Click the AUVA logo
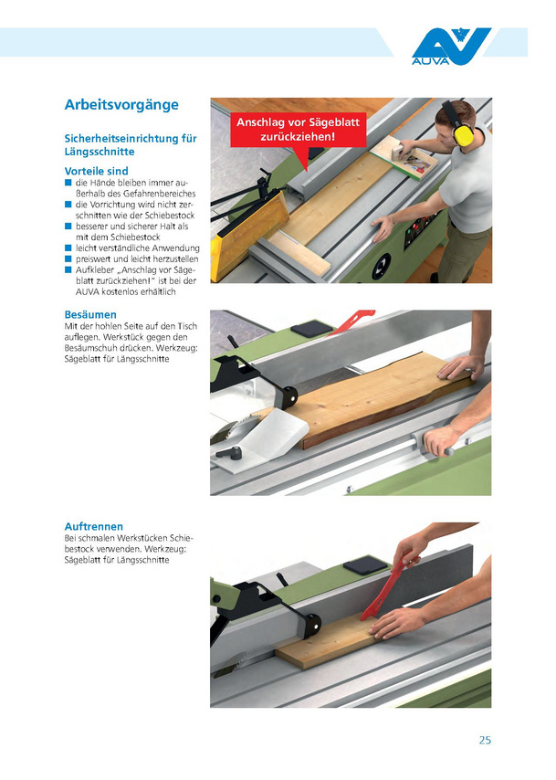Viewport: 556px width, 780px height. pos(450,47)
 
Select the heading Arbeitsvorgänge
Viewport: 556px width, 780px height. pos(121,104)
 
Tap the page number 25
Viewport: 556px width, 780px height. pos(485,740)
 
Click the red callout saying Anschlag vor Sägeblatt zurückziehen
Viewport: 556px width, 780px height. pos(298,130)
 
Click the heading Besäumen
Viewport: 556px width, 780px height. pos(90,314)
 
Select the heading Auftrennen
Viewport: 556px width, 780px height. pos(93,526)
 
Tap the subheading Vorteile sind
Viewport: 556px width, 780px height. pos(96,171)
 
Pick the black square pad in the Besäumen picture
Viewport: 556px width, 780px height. pos(311,330)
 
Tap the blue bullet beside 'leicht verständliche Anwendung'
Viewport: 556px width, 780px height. pos(68,248)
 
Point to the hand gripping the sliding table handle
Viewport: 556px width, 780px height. pos(441,438)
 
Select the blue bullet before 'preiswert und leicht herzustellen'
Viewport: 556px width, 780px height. pos(68,258)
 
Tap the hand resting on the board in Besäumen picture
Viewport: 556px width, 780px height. pos(460,366)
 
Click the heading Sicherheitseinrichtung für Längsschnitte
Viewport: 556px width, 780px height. pos(131,144)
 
